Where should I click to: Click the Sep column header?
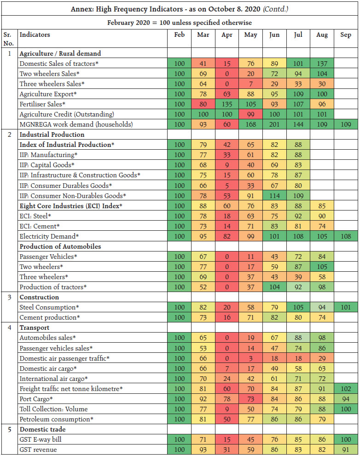345,35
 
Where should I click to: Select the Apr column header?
226,35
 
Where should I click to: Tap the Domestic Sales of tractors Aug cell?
322,64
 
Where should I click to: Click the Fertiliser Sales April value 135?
226,104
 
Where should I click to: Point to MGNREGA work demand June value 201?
274,124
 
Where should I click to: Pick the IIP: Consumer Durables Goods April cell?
226,185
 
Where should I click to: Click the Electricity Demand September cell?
345,236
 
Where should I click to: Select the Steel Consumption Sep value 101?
345,307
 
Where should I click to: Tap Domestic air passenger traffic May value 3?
250,358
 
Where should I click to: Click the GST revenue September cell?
345,450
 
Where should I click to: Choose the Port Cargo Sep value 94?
345,399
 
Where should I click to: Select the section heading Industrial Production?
52,134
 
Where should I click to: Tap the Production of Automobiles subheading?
60,246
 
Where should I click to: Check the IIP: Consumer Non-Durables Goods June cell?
274,196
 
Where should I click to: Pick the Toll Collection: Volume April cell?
226,409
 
